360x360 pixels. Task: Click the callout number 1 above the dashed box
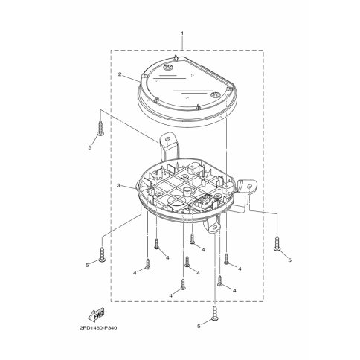click(182, 33)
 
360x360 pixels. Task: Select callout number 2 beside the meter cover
click(120, 74)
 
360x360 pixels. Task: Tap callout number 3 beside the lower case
click(118, 185)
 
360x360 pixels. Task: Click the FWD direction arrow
click(97, 315)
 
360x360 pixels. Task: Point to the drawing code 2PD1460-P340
click(98, 327)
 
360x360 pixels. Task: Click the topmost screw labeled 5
click(100, 128)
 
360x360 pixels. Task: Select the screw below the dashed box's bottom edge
click(214, 313)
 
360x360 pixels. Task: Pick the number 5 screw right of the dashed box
click(277, 243)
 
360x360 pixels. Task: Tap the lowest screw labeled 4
click(183, 284)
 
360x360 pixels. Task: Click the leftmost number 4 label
click(135, 273)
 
